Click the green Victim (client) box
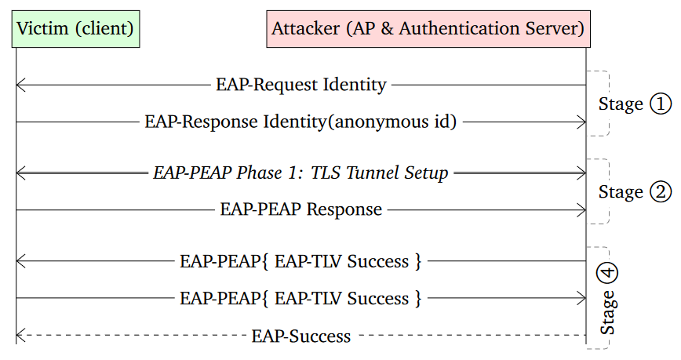point(75,29)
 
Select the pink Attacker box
point(428,29)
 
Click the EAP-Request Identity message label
point(300,85)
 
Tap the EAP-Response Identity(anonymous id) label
point(300,122)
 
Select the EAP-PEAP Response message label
point(300,209)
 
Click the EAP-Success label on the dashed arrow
point(300,336)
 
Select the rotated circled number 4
point(608,272)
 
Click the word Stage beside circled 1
point(621,104)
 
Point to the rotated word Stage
point(608,312)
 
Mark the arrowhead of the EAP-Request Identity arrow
point(19,85)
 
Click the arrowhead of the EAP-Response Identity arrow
point(583,122)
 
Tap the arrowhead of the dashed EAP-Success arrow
point(19,336)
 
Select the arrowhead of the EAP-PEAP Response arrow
point(583,209)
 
